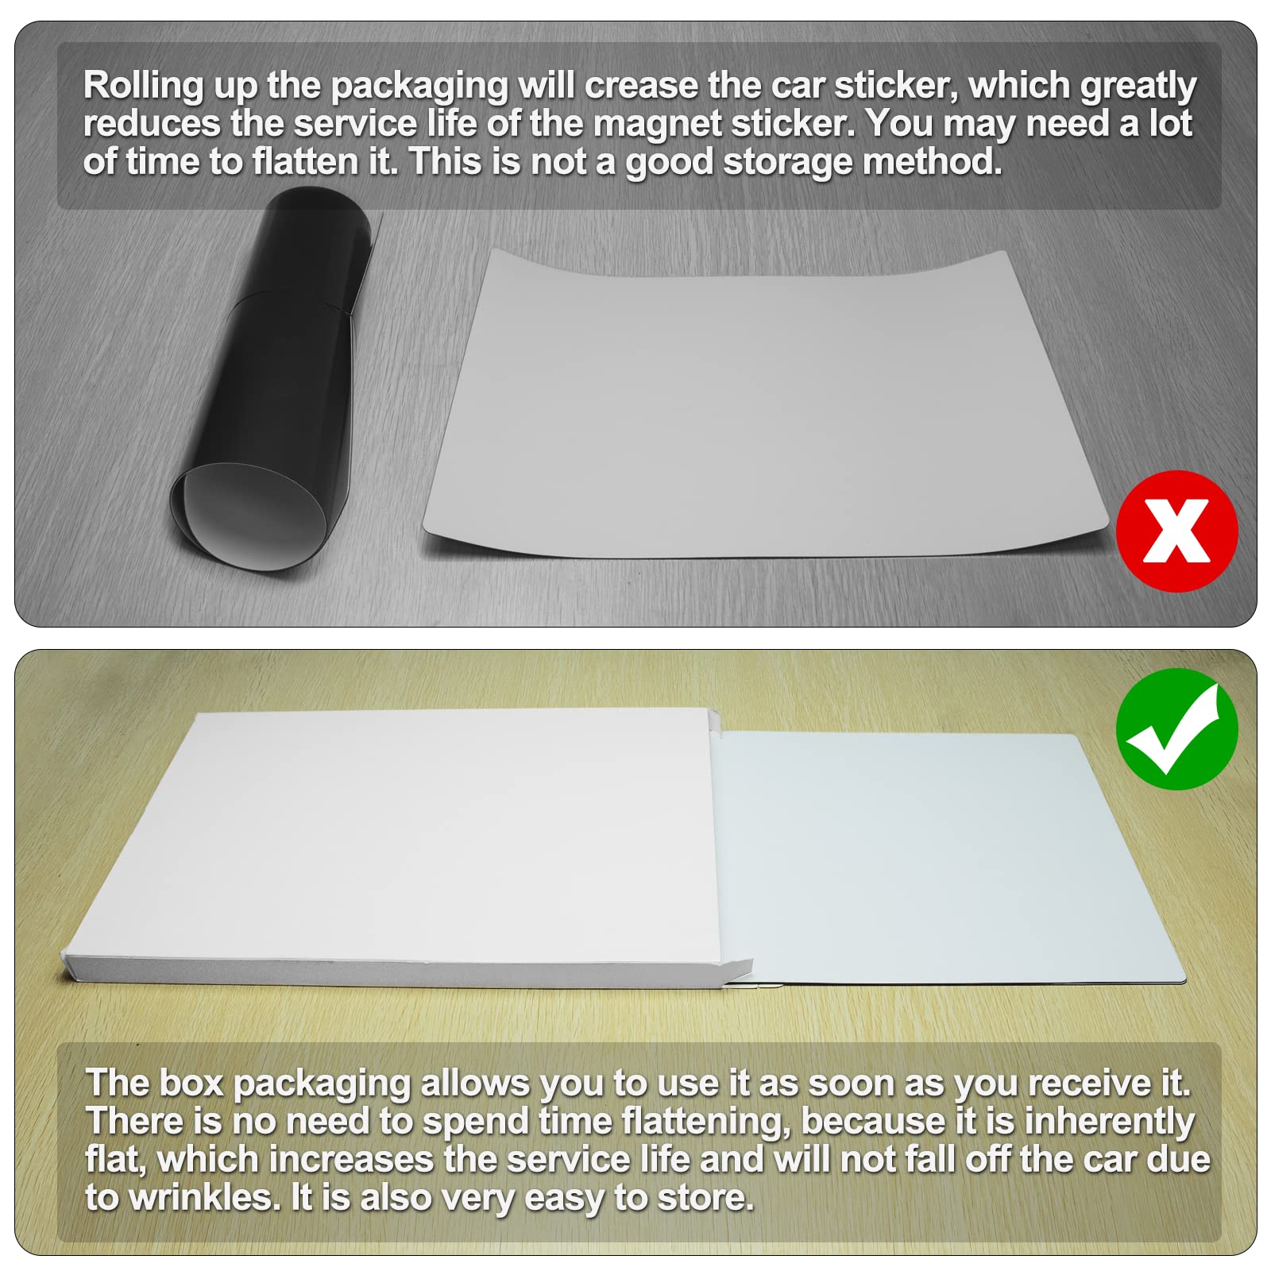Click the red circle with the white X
(x=1176, y=531)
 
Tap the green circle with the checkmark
(x=1176, y=729)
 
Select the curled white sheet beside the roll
(x=763, y=405)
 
